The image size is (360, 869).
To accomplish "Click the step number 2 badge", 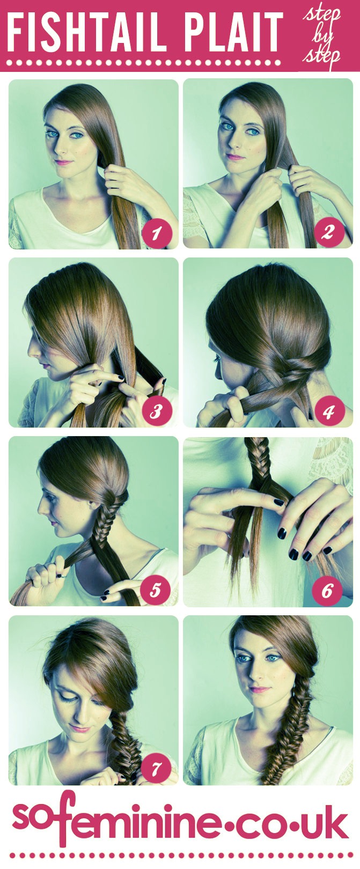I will coord(328,232).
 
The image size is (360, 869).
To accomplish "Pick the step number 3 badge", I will coord(156,411).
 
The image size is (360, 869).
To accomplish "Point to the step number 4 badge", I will coord(328,411).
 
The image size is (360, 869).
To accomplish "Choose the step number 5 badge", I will coord(155,590).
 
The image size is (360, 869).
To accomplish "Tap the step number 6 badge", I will coord(327,591).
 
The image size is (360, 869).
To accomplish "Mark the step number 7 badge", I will coord(156,769).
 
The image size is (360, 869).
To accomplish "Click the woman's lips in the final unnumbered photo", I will coord(260,689).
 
